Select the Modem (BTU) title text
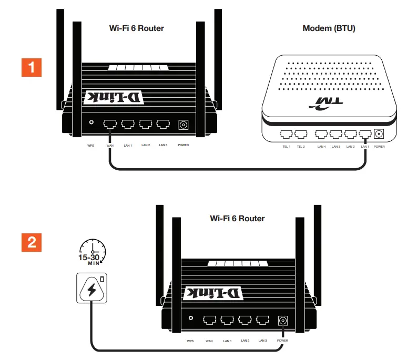[x=329, y=28]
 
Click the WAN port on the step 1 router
[x=110, y=124]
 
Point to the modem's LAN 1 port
[x=364, y=134]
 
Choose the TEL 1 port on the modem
[x=287, y=134]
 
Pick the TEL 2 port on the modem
[x=300, y=134]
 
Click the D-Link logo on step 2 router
[x=213, y=293]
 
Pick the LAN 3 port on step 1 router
[x=163, y=124]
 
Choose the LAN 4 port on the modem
[x=321, y=134]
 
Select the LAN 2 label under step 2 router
[x=245, y=341]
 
